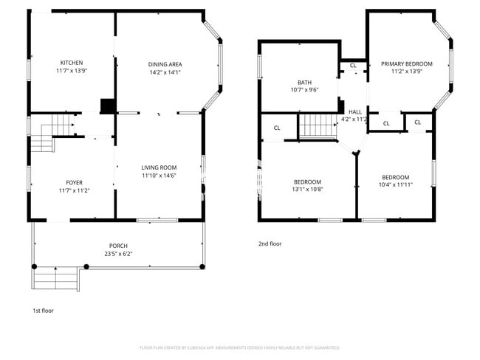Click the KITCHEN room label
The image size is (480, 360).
pos(71,63)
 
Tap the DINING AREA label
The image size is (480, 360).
pos(165,64)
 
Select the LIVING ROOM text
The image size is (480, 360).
pos(159,167)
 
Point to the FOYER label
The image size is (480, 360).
pos(75,182)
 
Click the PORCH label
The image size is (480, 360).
pos(118,246)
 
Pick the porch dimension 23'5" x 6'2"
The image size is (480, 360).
pos(118,254)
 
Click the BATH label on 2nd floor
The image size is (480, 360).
pos(304,82)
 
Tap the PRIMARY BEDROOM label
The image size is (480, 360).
pos(406,64)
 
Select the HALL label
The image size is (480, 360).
pos(354,111)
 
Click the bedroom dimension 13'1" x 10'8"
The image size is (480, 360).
pos(307,190)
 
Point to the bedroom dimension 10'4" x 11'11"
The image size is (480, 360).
pos(395,185)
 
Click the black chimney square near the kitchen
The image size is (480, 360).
pos(108,106)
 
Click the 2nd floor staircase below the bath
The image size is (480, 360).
pos(318,125)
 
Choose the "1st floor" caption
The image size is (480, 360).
pos(43,311)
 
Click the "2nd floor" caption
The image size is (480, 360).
pos(270,243)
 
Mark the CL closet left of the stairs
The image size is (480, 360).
pos(277,128)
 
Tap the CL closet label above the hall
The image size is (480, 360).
pos(353,66)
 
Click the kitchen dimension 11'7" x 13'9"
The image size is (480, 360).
pos(71,72)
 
